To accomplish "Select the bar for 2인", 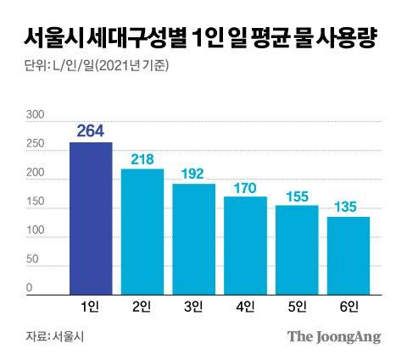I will [x=142, y=231].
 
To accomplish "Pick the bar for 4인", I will [x=246, y=246].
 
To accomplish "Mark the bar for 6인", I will [x=349, y=256].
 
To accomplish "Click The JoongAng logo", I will [x=332, y=336].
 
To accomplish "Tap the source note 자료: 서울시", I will [x=54, y=336].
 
